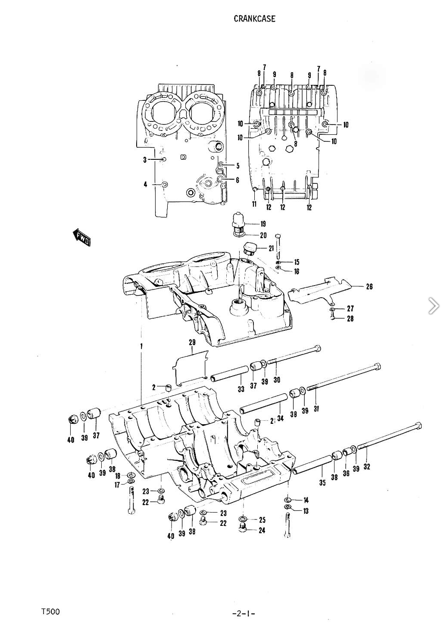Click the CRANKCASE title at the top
click(x=254, y=19)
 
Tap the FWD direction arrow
click(x=81, y=237)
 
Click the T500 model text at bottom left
click(x=50, y=612)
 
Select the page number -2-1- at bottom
click(x=243, y=613)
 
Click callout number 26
click(x=369, y=286)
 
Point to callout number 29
click(x=192, y=342)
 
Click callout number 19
click(x=263, y=224)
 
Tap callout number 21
click(x=271, y=248)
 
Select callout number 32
click(x=367, y=466)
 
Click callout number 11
click(x=254, y=204)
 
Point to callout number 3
click(x=145, y=160)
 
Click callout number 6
click(x=237, y=180)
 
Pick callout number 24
click(x=262, y=530)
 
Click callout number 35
click(x=322, y=483)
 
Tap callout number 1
click(x=141, y=345)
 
